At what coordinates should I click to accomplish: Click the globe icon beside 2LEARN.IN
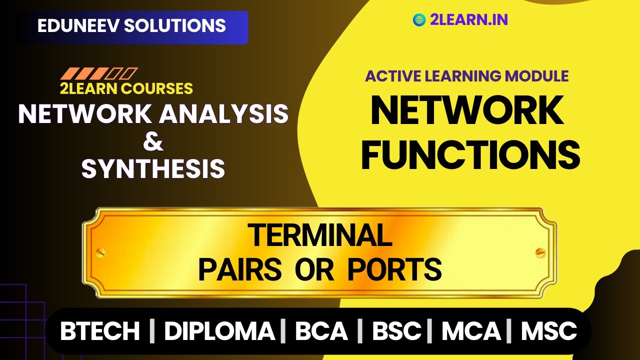[x=419, y=20]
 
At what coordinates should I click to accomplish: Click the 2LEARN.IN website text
[x=468, y=20]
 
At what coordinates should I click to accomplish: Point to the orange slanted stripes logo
[x=98, y=74]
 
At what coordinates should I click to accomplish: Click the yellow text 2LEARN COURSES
[x=126, y=88]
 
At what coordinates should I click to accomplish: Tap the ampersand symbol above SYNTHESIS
[x=153, y=142]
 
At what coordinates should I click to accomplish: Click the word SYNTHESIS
[x=153, y=169]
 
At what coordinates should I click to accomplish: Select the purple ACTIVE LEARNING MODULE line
[x=467, y=76]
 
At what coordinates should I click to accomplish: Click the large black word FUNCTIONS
[x=470, y=155]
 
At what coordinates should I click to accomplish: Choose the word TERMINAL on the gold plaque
[x=320, y=235]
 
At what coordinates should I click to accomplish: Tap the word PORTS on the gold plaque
[x=394, y=270]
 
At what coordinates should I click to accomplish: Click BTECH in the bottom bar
[x=100, y=331]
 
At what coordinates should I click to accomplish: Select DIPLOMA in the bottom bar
[x=219, y=331]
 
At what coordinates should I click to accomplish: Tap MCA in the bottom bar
[x=471, y=331]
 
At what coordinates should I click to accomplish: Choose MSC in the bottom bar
[x=549, y=331]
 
